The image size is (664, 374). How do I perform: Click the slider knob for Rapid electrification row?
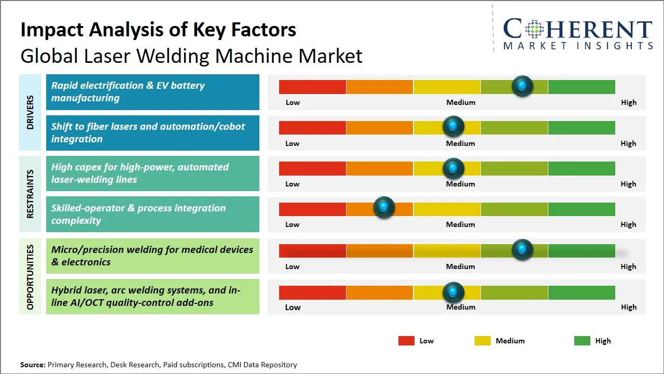(x=522, y=86)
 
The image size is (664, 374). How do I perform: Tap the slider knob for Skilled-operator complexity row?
(x=384, y=207)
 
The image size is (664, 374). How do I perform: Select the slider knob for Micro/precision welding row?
(x=522, y=249)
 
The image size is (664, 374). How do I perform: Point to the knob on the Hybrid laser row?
(x=453, y=292)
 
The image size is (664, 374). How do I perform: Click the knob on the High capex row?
(x=453, y=168)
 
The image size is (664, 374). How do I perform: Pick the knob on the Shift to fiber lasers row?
(x=453, y=126)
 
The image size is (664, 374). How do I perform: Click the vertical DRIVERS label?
(x=30, y=112)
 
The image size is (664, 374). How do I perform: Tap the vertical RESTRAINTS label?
(x=30, y=194)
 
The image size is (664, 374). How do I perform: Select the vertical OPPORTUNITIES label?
(x=30, y=277)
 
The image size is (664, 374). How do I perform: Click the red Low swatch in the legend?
(x=406, y=341)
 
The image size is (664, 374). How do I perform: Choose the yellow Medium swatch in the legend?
(x=482, y=341)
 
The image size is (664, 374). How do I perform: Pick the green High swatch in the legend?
(x=582, y=341)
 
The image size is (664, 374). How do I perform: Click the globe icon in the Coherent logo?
(x=534, y=29)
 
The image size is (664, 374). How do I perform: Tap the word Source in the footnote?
(x=33, y=365)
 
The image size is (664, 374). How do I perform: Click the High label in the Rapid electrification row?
(x=629, y=103)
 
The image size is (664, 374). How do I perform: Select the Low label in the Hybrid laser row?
(x=293, y=307)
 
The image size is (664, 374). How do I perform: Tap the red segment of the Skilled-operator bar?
(x=312, y=209)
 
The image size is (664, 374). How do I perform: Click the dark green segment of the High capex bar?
(x=582, y=168)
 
